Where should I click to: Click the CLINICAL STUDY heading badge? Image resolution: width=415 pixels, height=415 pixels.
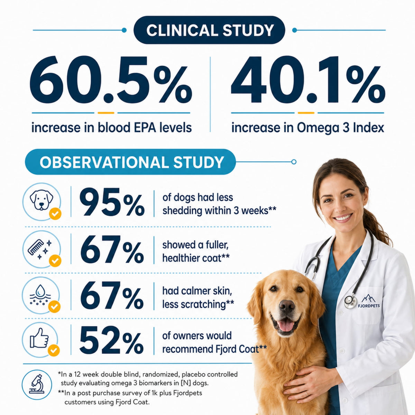coord(209,30)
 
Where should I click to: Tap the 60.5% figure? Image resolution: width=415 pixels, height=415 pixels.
coord(111,80)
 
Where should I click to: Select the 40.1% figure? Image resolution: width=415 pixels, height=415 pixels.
coord(308,80)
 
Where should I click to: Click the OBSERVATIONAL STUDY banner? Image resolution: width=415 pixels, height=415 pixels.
coord(130,162)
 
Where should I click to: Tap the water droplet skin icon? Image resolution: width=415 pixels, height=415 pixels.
coord(40,294)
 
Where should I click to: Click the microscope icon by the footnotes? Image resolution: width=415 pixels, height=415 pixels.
coord(37,385)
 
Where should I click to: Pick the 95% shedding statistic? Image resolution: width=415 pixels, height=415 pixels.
coord(112,202)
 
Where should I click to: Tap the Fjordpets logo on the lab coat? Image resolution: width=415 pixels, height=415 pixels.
coord(368,301)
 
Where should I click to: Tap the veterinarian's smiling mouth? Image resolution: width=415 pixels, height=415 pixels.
coord(344,218)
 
